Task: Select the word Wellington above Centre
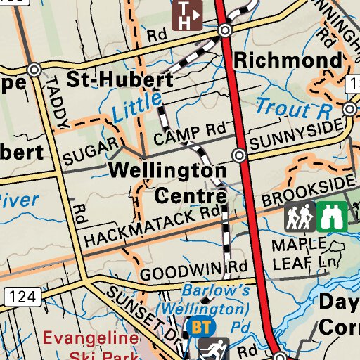[168, 170]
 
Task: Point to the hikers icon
[300, 217]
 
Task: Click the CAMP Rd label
[188, 134]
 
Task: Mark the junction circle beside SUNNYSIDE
[240, 155]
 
